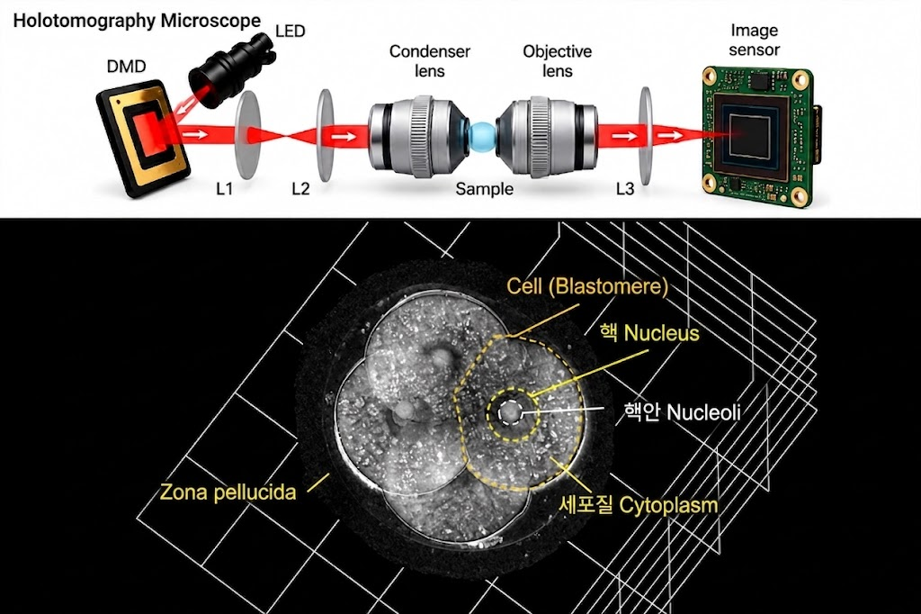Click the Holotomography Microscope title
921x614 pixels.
click(x=137, y=21)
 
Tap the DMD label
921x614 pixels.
click(x=126, y=66)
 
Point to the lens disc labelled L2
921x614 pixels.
click(x=325, y=135)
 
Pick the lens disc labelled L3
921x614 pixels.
click(x=646, y=136)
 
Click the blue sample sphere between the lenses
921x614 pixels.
click(x=482, y=136)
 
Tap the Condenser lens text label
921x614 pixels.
click(x=430, y=61)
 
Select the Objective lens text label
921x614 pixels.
click(x=558, y=61)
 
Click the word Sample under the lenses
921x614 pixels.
click(x=485, y=189)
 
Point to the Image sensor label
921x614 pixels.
click(x=755, y=40)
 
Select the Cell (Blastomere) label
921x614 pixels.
click(x=587, y=286)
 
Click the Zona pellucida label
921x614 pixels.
click(x=228, y=492)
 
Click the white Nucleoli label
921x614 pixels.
click(x=682, y=412)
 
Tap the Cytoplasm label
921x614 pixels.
click(x=639, y=505)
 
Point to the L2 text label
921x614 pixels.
click(x=300, y=189)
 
